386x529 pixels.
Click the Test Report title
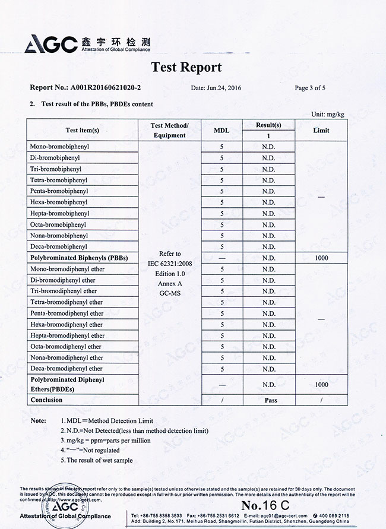[186, 67]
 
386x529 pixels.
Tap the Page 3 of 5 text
[310, 88]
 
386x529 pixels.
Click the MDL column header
[221, 130]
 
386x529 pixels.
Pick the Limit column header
[321, 130]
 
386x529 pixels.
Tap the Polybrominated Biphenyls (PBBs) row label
[75, 258]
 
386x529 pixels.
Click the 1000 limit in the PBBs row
[321, 258]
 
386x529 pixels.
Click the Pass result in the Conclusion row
[271, 400]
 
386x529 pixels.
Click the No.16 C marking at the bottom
[265, 505]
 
